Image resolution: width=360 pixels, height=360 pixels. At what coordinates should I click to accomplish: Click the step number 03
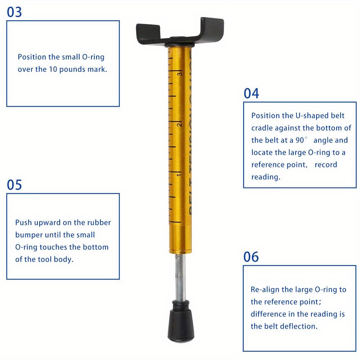pos(14,12)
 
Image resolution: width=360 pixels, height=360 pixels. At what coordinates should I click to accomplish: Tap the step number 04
pos(251,93)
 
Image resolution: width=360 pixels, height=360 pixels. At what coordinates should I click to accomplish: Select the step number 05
pos(14,185)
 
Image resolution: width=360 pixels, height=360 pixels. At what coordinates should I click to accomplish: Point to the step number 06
pos(251,257)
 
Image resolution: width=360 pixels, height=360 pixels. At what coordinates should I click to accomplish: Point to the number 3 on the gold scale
pos(179,73)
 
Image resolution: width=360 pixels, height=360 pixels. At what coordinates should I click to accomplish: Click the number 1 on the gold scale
pos(179,175)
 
